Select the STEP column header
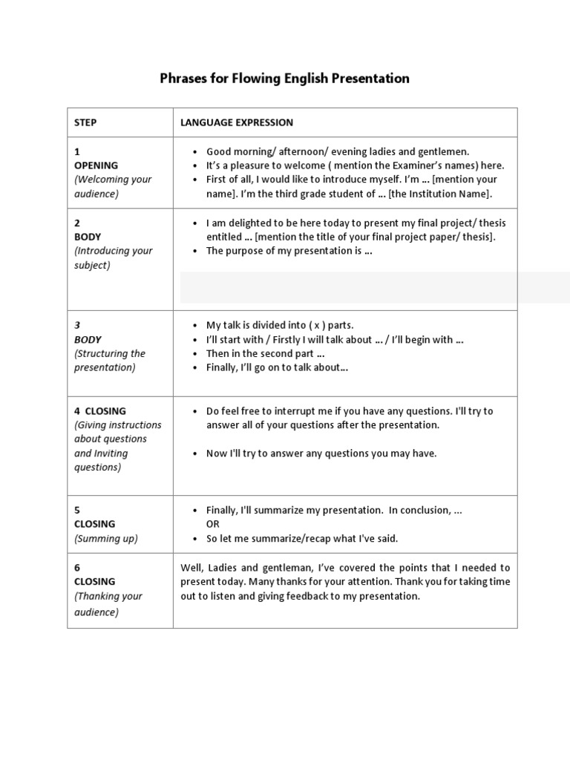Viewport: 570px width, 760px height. pos(85,122)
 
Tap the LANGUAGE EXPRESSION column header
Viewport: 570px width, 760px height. pos(237,122)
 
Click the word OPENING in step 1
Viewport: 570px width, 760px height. pos(96,166)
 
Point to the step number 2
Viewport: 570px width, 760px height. pos(77,223)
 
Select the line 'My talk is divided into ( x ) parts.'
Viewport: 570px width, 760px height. pos(280,326)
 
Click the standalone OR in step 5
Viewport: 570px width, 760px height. pos(213,524)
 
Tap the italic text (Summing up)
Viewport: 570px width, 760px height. pos(105,539)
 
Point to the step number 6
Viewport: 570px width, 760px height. pos(77,568)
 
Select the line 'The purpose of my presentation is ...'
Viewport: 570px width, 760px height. pos(289,251)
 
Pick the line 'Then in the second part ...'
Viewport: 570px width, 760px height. pos(266,354)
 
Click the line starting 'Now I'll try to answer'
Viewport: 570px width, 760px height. pos(321,453)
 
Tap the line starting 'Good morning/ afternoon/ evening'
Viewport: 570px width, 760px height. pos(338,151)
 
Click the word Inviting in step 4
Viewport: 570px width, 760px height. pos(111,453)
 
